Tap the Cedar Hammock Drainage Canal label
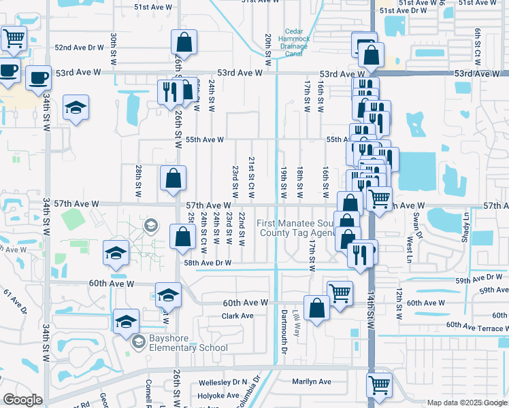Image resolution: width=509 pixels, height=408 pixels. pos(293,42)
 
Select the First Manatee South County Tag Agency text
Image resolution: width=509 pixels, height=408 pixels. pos(297,228)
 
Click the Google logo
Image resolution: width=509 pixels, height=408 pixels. pos(22,400)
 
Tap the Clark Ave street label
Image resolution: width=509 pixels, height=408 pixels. pos(237,316)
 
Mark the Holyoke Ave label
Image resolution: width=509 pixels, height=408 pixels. pos(219,394)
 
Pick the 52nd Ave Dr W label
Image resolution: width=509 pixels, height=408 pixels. pos(79,48)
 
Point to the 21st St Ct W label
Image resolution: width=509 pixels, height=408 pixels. pos(250,176)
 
